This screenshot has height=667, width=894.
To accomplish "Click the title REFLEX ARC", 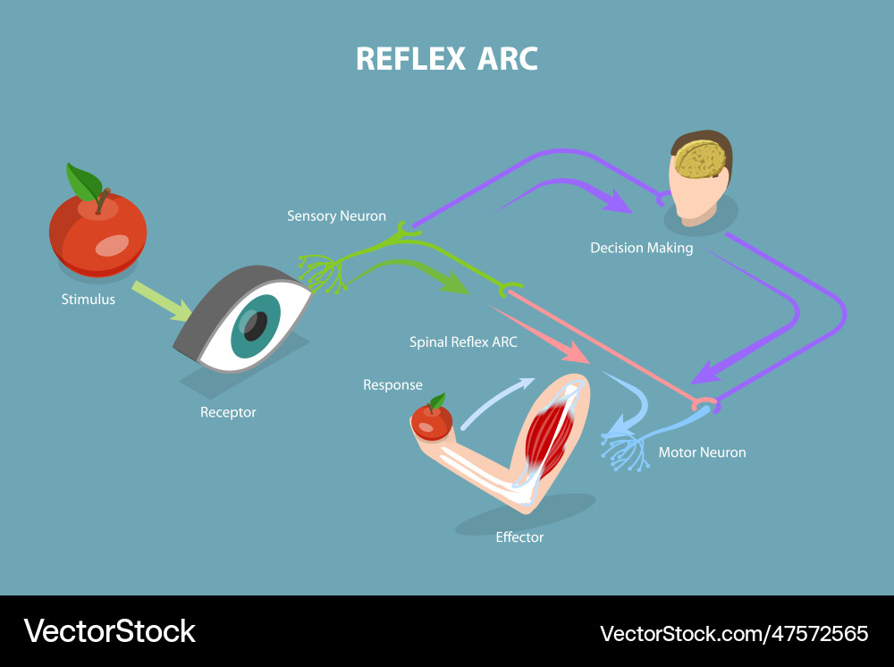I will [446, 58].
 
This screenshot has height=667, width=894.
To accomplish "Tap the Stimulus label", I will [89, 300].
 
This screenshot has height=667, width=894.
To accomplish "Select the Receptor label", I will [228, 412].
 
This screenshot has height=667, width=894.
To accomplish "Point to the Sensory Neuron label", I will [336, 215].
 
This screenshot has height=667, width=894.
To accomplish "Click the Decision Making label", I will [641, 248].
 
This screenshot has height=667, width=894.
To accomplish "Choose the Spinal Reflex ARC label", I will [463, 342].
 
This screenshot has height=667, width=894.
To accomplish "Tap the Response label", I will [392, 384].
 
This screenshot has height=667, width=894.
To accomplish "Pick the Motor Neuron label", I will [702, 452].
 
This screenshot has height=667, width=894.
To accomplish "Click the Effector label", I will [519, 537].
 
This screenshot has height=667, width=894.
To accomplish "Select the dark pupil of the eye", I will [256, 325].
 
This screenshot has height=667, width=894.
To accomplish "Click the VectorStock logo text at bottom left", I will [109, 631].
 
